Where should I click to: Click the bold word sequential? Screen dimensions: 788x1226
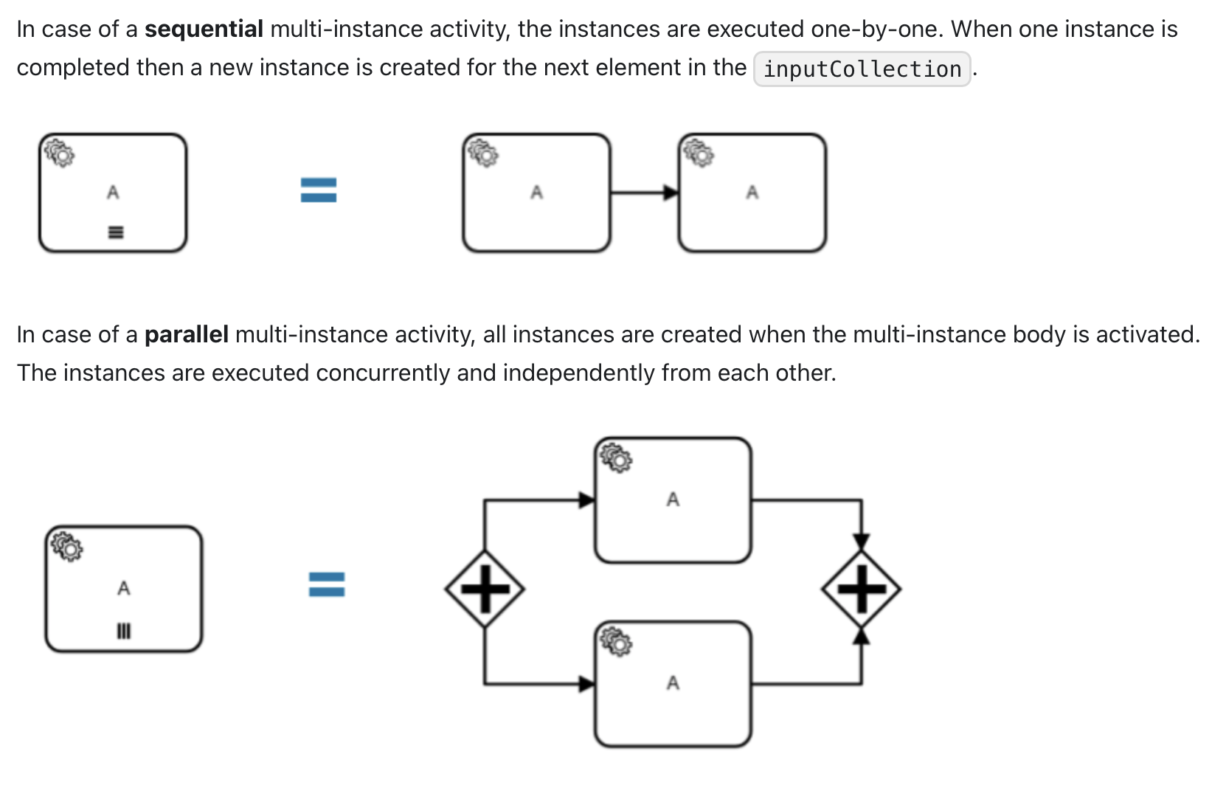point(204,30)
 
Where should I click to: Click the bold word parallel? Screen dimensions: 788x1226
point(186,335)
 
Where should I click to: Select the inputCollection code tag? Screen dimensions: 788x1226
point(862,69)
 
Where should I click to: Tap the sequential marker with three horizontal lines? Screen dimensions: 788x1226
point(114,233)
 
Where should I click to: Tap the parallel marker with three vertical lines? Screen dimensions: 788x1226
point(123,631)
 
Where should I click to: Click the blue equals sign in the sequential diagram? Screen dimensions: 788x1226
point(319,190)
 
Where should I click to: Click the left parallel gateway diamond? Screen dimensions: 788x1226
point(485,589)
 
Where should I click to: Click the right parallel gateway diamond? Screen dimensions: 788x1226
point(861,589)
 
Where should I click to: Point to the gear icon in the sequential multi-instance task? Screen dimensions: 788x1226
point(59,152)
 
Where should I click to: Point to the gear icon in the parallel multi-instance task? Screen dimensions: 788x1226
point(67,546)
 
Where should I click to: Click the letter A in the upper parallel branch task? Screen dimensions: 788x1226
point(673,500)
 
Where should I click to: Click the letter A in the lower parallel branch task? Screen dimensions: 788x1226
point(673,683)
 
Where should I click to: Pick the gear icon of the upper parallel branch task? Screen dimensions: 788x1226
point(616,457)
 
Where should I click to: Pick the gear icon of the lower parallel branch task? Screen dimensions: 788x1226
point(616,641)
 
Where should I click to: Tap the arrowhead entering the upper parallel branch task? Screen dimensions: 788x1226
point(586,500)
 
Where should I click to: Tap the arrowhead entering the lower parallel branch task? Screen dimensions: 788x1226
point(586,684)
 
